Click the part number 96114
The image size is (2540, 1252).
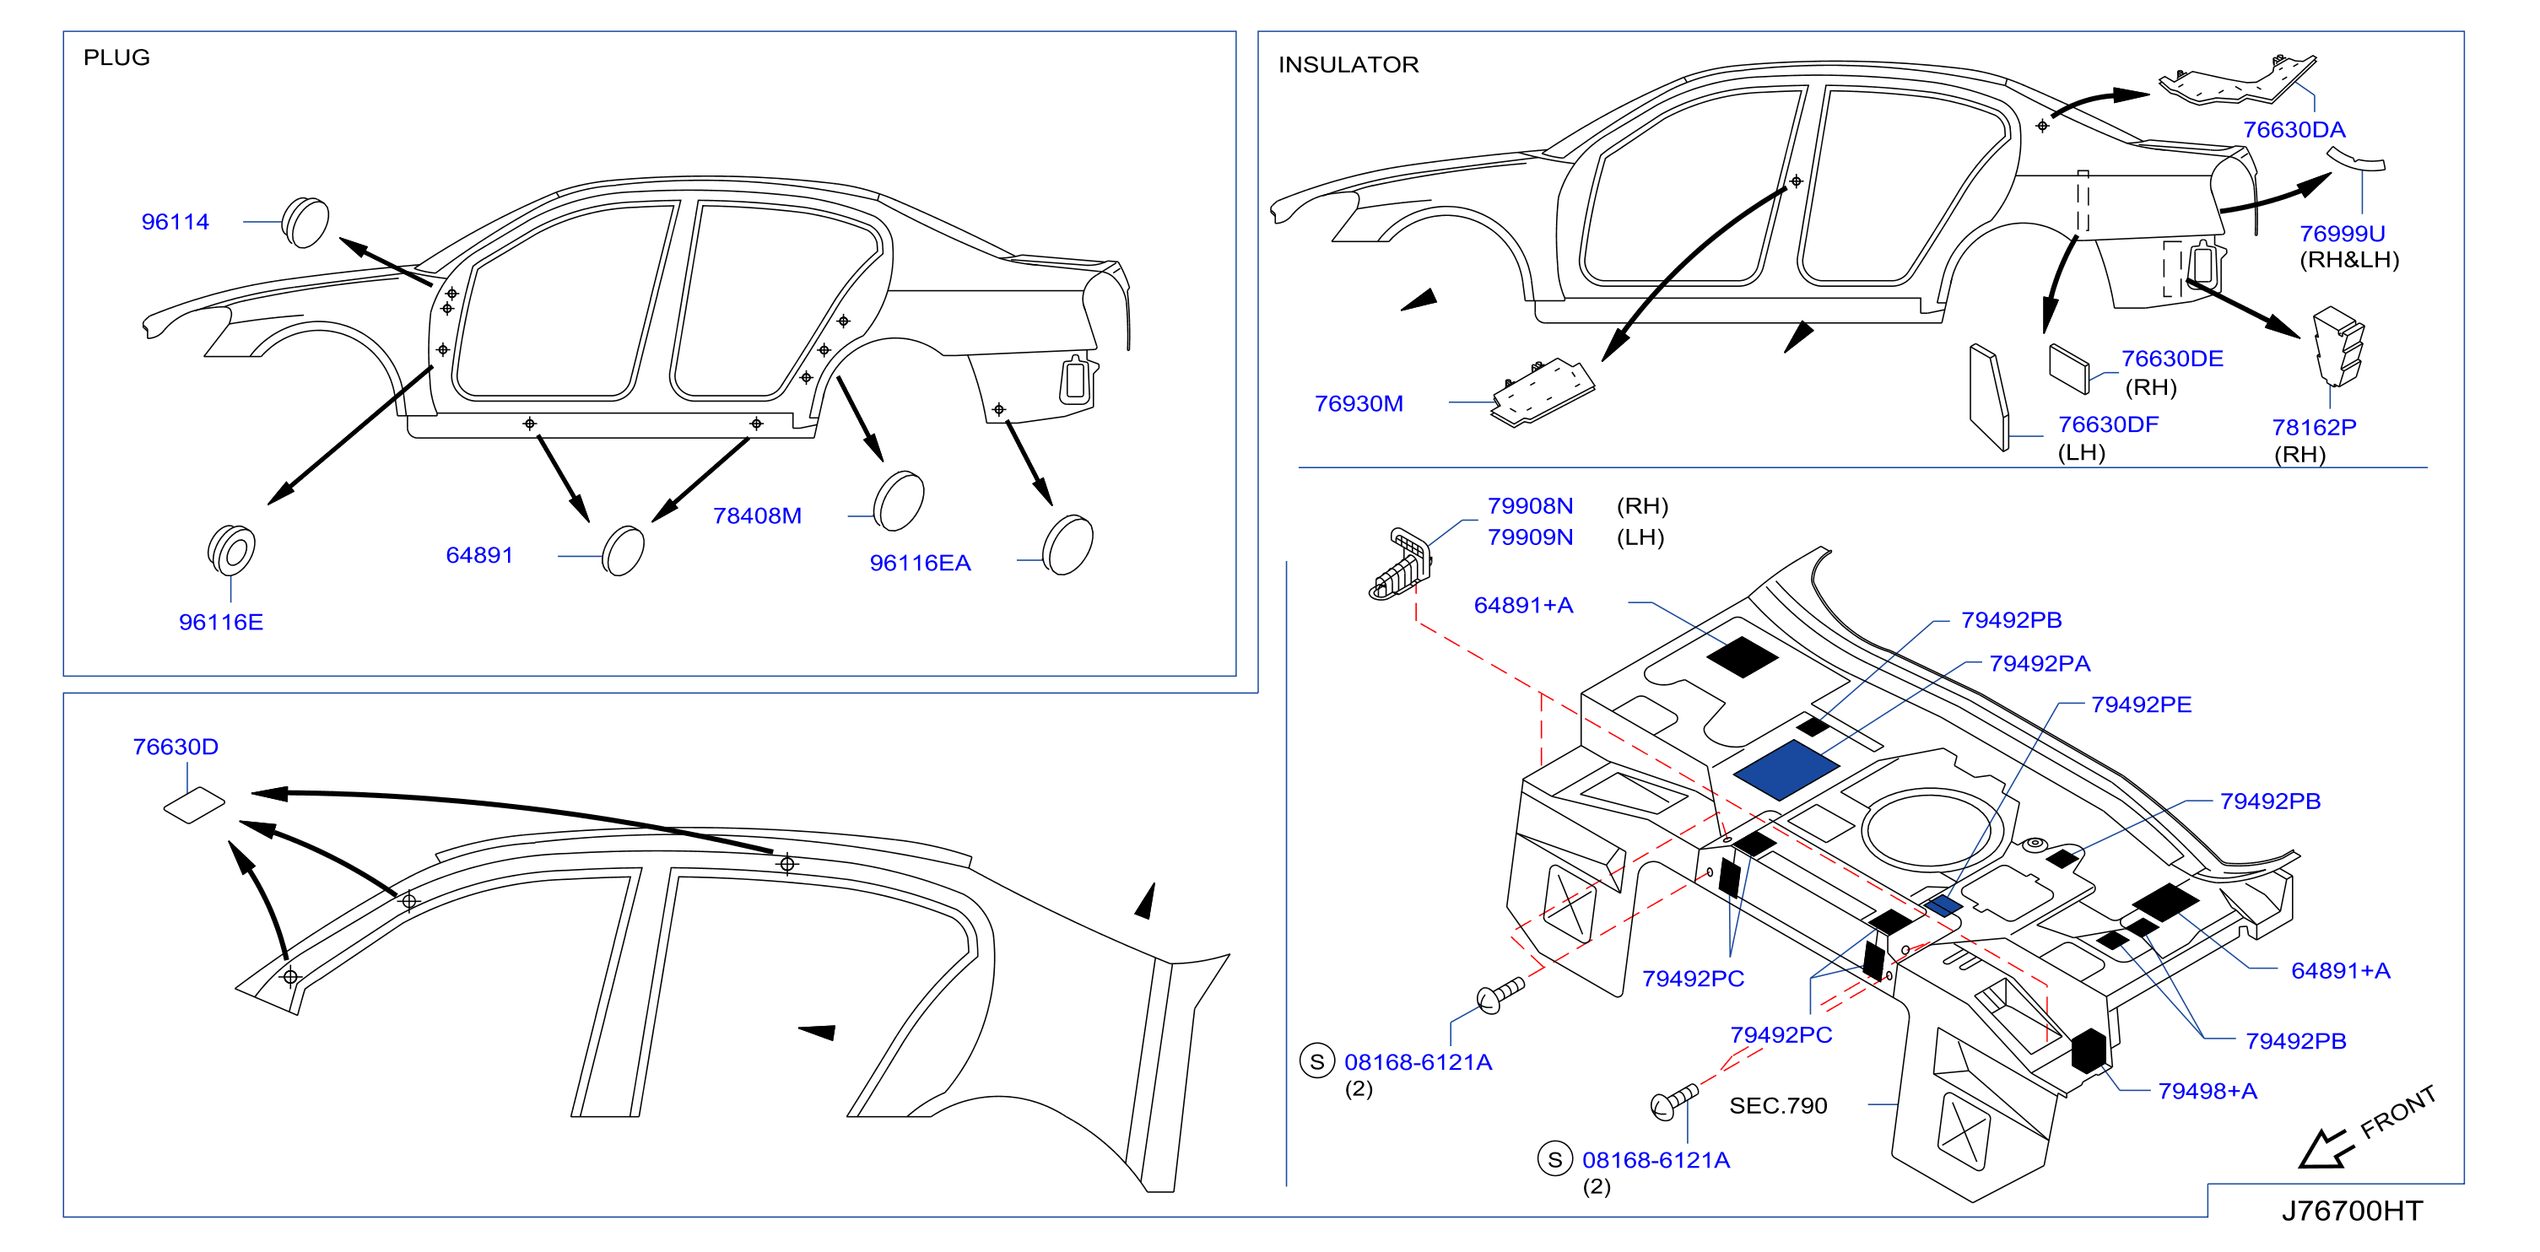pos(175,222)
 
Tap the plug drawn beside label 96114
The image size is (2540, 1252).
pos(305,222)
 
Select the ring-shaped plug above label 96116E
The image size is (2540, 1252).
pos(232,549)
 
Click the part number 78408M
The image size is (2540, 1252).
pos(756,515)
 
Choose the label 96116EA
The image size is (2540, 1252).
pos(919,563)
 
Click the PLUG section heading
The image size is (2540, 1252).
pos(116,57)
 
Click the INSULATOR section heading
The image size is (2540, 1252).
pos(1348,64)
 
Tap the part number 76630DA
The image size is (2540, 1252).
pos(2294,129)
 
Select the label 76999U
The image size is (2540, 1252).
pos(2342,234)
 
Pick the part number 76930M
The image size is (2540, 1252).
pos(1358,403)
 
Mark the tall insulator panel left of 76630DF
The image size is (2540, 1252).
pos(1988,397)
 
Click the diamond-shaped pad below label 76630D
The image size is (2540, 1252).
pos(194,804)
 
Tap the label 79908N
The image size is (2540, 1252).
pos(1529,505)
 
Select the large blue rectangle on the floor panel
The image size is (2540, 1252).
pos(1786,770)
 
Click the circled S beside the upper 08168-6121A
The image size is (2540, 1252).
pos(1316,1061)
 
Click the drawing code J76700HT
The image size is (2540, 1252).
pos(2352,1211)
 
